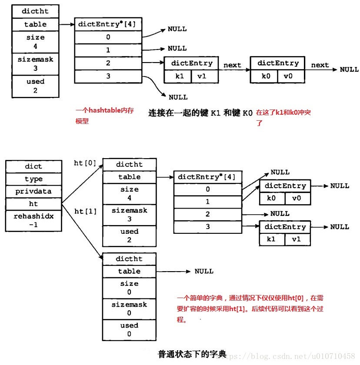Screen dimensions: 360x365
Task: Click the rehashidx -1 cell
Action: coord(33,220)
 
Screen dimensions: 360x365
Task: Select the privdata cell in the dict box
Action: coord(33,191)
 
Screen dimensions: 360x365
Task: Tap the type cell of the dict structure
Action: coord(33,179)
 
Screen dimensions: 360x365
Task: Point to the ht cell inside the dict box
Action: coord(33,204)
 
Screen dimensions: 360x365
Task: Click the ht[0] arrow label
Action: coord(85,163)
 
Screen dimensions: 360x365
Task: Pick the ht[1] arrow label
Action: coord(86,211)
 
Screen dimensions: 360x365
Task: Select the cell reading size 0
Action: coord(129,288)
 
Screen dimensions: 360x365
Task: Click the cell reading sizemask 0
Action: coord(129,309)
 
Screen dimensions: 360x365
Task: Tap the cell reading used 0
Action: coord(129,330)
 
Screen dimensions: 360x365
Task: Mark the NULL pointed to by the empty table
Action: coord(204,271)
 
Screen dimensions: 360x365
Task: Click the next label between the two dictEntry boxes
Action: coord(232,65)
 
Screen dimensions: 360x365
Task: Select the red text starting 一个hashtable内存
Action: coord(104,116)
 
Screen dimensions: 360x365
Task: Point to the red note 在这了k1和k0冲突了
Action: coord(283,118)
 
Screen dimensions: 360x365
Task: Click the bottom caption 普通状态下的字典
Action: coord(192,354)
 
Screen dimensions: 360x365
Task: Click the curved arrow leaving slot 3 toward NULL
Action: coord(155,84)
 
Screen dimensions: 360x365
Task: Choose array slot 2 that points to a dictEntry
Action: coord(108,63)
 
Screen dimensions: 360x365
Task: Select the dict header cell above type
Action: coord(33,166)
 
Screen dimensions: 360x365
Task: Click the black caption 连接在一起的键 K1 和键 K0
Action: coord(200,113)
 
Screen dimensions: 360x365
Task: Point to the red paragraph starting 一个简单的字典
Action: coord(250,309)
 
